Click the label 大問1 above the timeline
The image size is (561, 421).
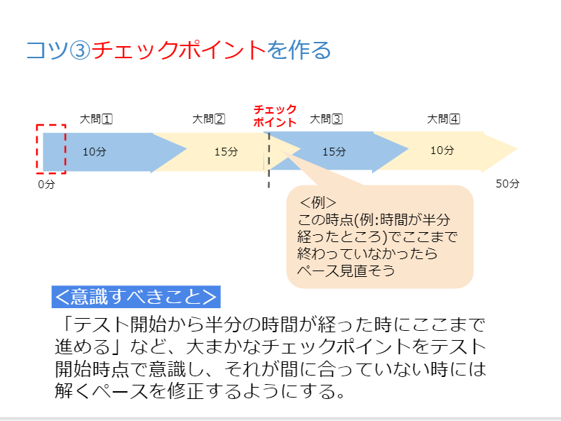point(97,119)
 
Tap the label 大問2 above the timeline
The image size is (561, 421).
point(209,119)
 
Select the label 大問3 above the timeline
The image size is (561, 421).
point(326,119)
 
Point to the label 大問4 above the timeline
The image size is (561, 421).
point(443,119)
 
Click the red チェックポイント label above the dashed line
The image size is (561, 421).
point(275,116)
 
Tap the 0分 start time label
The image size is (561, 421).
point(46,184)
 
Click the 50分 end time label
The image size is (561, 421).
point(507,183)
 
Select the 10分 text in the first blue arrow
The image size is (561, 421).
point(94,152)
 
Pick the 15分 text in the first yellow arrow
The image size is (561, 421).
point(226,152)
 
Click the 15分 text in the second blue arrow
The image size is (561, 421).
point(334,152)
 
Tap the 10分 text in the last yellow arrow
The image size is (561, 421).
point(442,151)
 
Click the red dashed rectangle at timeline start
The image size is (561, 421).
point(37,149)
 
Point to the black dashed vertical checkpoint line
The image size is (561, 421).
point(268,160)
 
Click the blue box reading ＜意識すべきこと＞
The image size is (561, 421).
point(136,297)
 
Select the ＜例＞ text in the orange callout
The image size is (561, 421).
point(317,203)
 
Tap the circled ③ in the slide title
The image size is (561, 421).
point(80,50)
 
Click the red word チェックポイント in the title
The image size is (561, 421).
point(178,50)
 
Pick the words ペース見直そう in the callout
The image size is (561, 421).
point(346,270)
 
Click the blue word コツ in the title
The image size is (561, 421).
point(48,50)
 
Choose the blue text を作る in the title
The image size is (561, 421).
point(299,50)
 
